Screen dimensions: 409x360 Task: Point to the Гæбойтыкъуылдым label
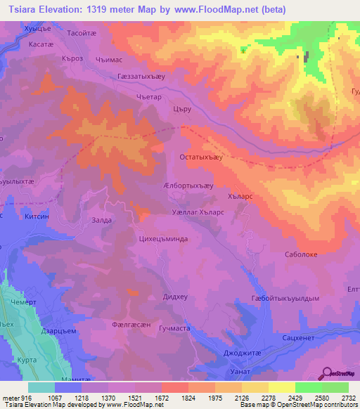[x=285, y=298]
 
